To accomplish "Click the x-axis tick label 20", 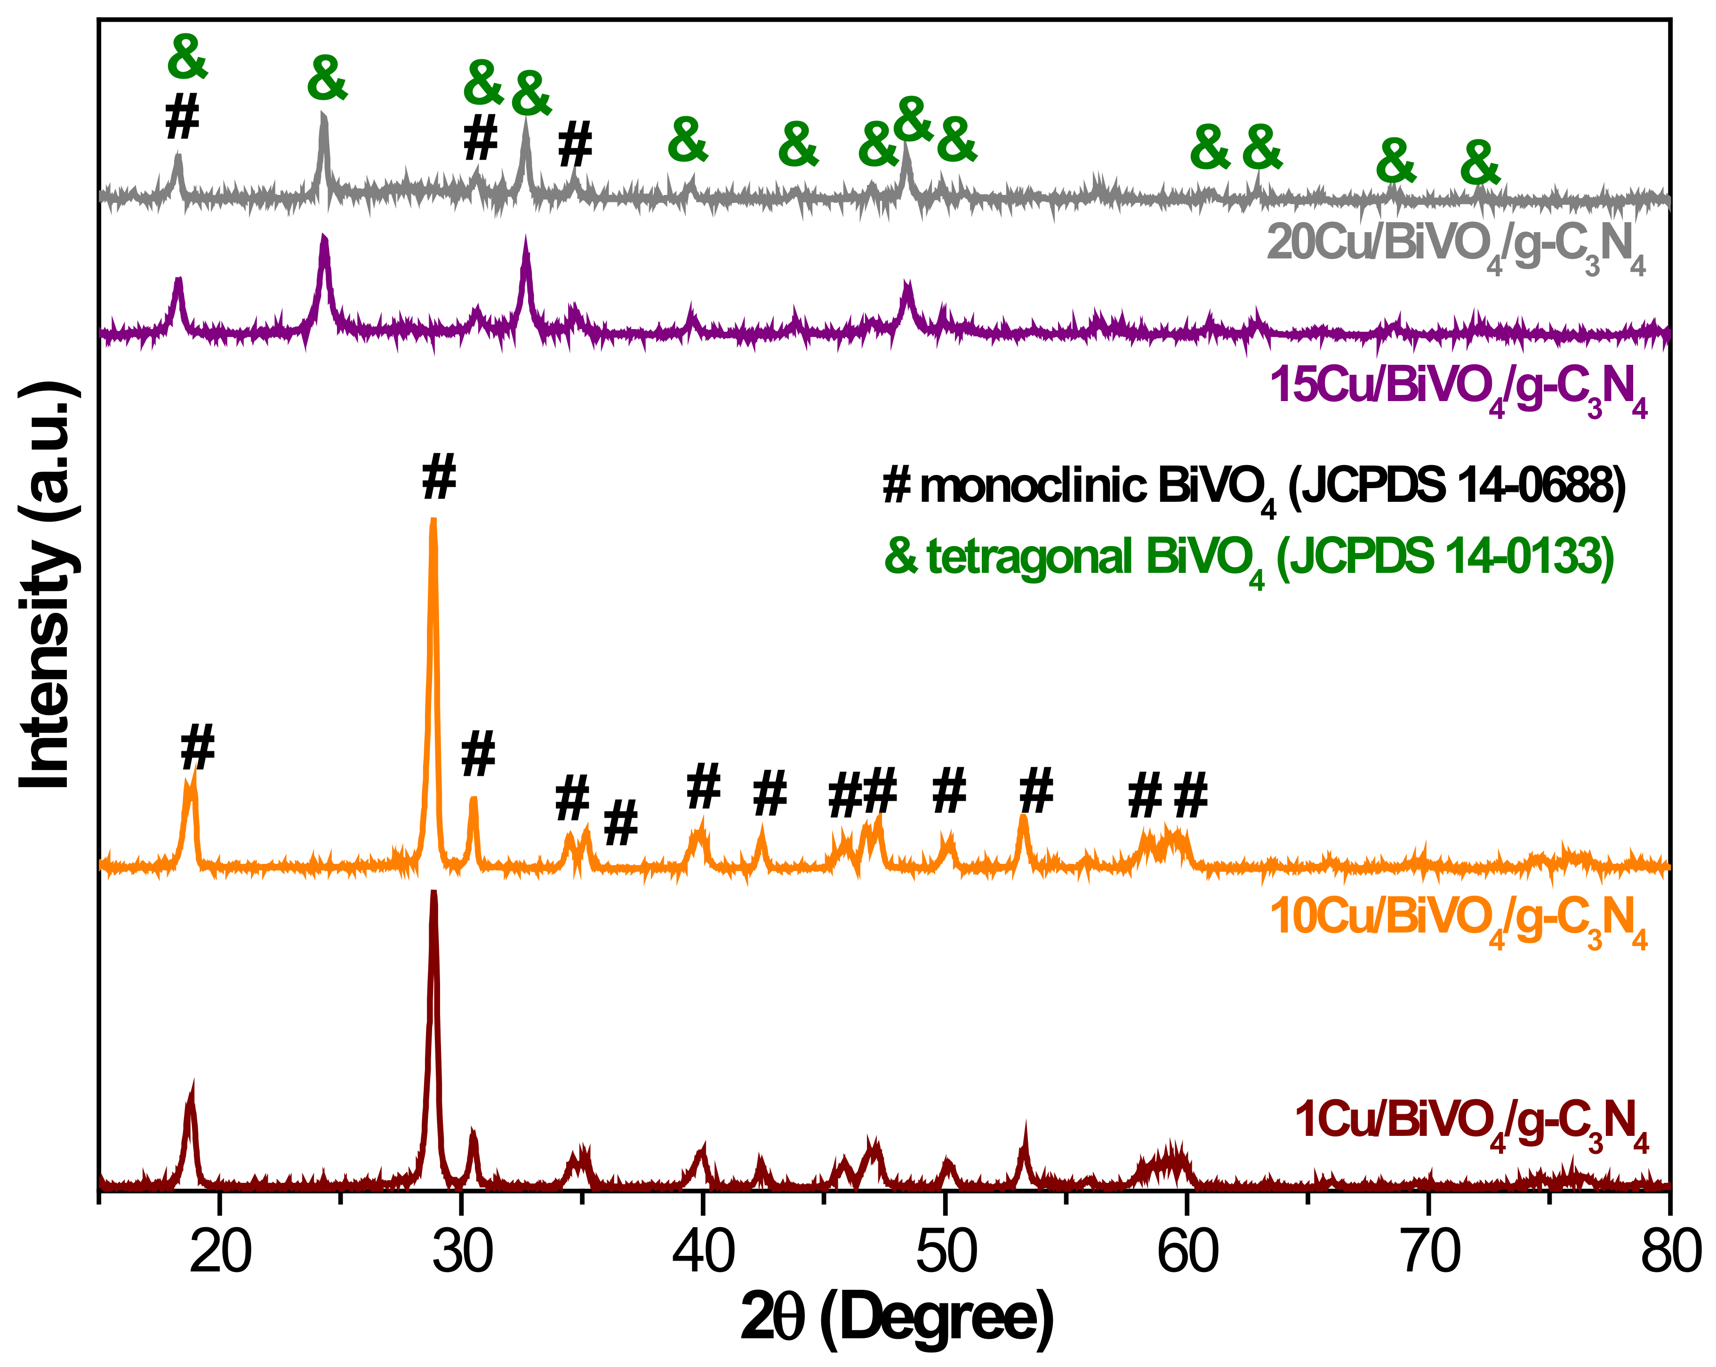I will click(x=220, y=1252).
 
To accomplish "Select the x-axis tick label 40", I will click(x=704, y=1252).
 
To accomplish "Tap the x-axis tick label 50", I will click(x=946, y=1252).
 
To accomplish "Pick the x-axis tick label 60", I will click(x=1187, y=1252).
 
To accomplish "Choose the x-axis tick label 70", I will click(x=1429, y=1252).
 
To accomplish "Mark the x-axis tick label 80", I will click(x=1670, y=1252).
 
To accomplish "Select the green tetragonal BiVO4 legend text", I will click(x=1249, y=557).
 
